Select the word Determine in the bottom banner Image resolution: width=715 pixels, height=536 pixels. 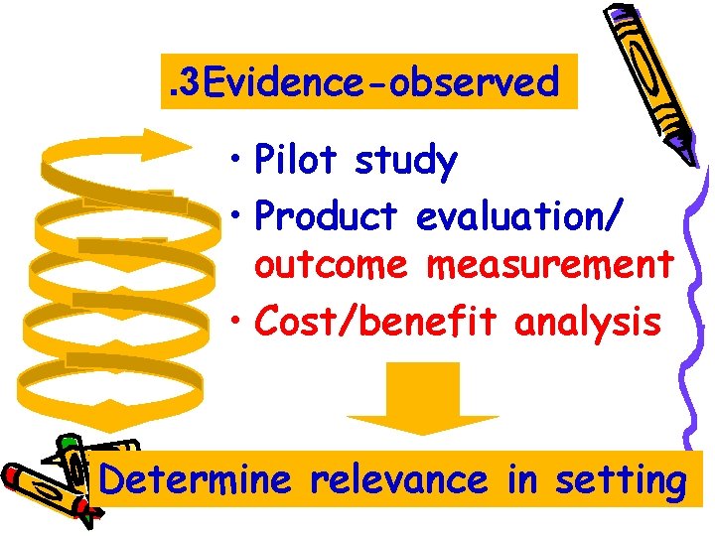[x=196, y=480]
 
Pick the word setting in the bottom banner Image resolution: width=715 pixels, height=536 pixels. [x=621, y=482]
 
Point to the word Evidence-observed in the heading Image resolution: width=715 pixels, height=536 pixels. [x=378, y=82]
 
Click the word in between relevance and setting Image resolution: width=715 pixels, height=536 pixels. [x=521, y=480]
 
